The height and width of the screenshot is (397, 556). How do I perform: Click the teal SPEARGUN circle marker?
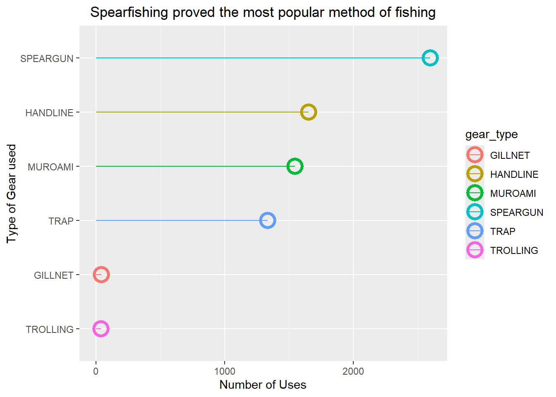[x=430, y=58]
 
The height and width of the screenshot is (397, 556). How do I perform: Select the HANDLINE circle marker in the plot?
[x=308, y=112]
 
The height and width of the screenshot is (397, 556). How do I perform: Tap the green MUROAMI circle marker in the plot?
[x=295, y=166]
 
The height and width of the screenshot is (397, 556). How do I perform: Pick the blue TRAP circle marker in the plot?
[x=267, y=220]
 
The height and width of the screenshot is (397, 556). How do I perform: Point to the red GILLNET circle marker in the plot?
[x=101, y=275]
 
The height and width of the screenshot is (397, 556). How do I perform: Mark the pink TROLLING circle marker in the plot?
[x=101, y=329]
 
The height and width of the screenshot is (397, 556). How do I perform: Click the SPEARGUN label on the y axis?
[x=47, y=59]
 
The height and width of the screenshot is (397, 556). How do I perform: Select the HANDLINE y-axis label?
[x=49, y=113]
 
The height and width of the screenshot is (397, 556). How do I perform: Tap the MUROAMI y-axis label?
[x=50, y=167]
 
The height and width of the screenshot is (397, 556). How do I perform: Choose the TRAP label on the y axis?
[x=61, y=221]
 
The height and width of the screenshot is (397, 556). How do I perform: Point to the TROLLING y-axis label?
[x=50, y=330]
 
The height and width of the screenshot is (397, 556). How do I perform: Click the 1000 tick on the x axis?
[x=225, y=371]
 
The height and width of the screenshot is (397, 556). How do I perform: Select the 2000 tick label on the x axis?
[x=353, y=371]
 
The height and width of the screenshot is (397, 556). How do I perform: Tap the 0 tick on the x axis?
[x=96, y=371]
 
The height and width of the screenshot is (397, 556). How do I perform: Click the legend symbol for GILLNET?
[x=475, y=155]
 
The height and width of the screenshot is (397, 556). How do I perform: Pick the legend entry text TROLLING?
[x=514, y=251]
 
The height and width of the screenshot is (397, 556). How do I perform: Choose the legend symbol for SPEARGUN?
[x=475, y=212]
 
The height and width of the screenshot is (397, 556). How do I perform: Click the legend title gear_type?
[x=491, y=134]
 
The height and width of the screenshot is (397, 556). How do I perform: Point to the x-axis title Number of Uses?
[x=263, y=385]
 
